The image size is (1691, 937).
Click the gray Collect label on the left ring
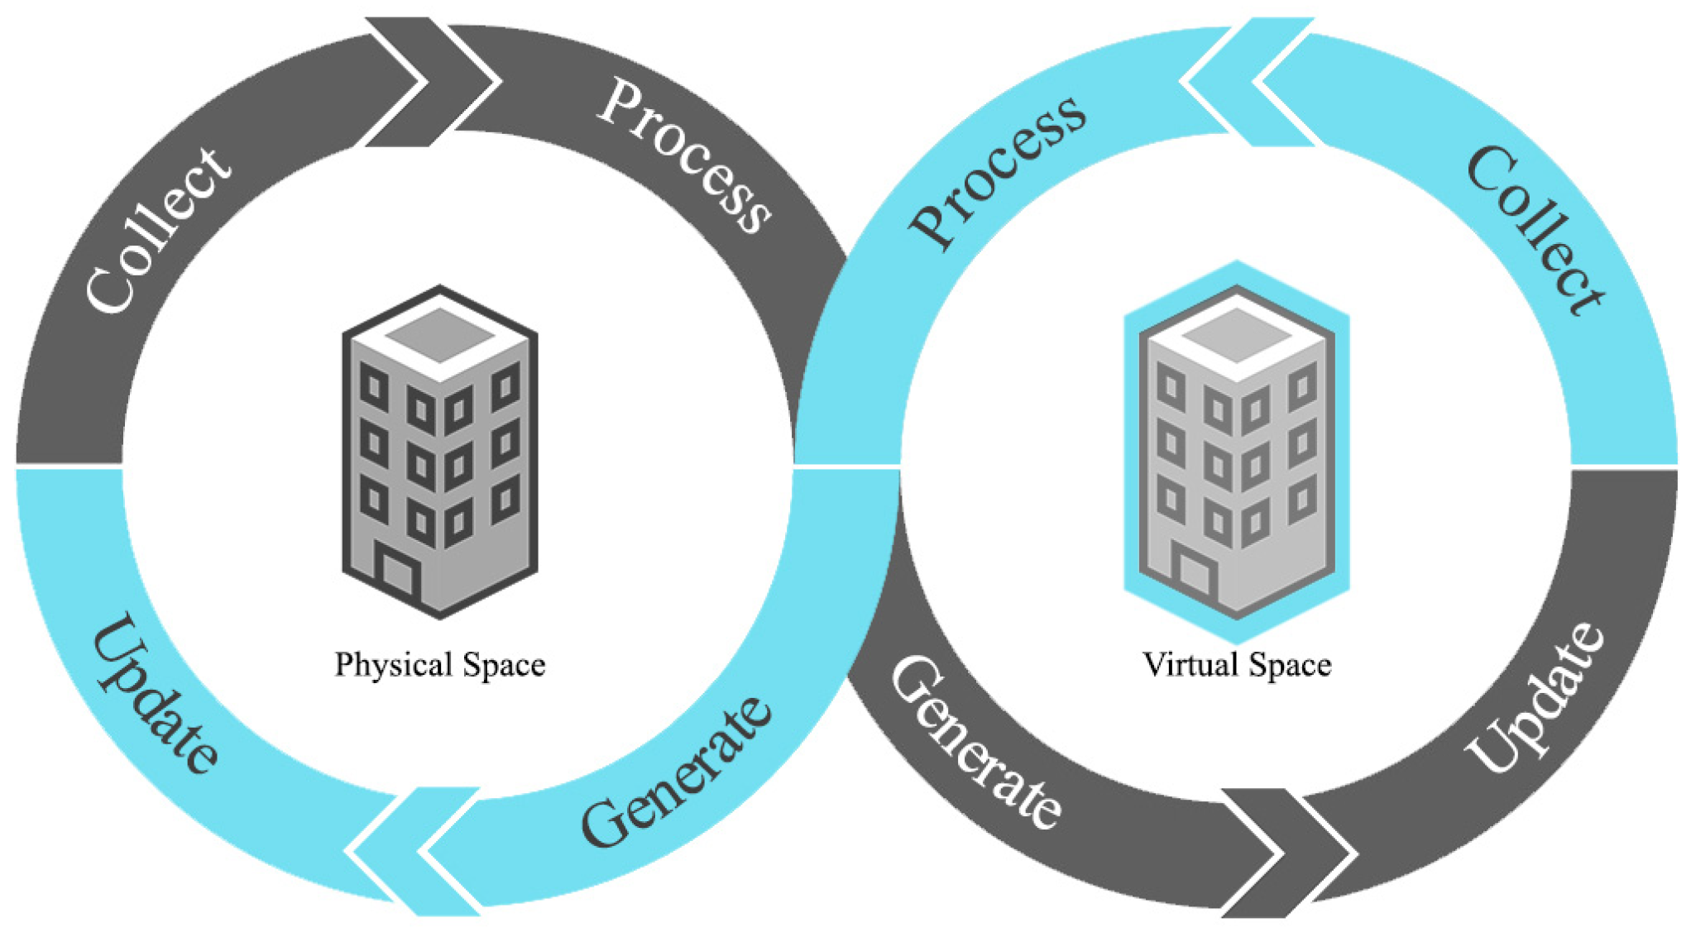157,230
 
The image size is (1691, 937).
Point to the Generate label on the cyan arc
677,773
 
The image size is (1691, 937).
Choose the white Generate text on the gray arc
976,742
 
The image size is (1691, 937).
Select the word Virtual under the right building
1190,665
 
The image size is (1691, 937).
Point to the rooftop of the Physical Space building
440,335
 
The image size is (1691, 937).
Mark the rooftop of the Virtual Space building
1237,335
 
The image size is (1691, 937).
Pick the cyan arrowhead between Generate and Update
414,852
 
